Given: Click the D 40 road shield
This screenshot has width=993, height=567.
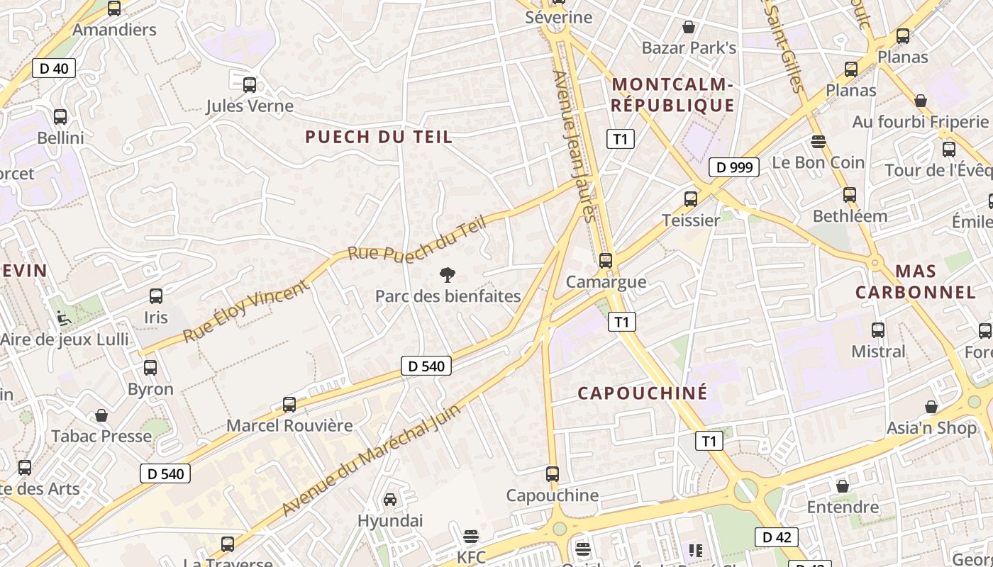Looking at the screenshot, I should point(54,69).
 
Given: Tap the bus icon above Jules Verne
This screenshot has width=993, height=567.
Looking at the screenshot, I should point(250,85).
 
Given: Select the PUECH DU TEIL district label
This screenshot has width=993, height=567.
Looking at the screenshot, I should point(378,137).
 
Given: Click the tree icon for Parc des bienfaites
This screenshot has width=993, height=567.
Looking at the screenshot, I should point(447,275).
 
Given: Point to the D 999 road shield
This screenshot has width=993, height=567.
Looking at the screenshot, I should point(734,167).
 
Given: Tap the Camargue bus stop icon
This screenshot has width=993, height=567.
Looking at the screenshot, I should point(605,261).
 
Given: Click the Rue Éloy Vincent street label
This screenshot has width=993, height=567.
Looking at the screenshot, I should point(246,310).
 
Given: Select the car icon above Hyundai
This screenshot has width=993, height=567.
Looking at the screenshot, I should point(390,500).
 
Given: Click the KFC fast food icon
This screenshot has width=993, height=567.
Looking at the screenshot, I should point(471,536).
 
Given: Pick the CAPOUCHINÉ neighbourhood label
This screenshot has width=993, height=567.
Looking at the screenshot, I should point(643,393).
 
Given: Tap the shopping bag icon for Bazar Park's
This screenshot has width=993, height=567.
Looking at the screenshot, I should point(688,27).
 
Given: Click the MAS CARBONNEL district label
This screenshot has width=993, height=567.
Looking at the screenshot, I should point(915,281).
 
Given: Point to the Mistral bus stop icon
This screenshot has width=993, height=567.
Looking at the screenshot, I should point(878,330).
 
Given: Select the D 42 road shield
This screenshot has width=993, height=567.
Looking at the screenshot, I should point(776,537).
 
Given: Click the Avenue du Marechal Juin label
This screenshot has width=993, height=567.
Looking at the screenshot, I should point(371,460).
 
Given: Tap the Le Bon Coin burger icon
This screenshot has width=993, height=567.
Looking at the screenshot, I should point(818,142).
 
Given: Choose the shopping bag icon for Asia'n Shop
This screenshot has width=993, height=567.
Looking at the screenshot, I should point(931,407).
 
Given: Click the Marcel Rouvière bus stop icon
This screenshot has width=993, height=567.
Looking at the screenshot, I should point(289,405).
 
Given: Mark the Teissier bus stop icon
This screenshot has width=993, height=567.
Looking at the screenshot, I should point(691,199).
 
